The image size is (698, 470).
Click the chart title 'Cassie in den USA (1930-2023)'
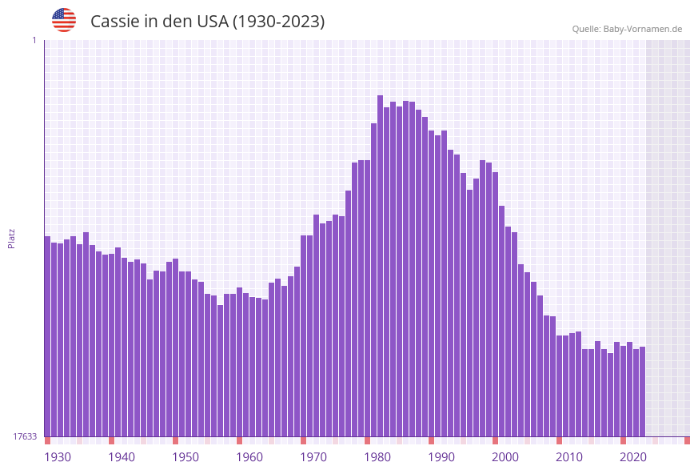click(207, 22)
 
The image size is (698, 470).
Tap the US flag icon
click(64, 20)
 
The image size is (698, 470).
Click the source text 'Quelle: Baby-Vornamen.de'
click(627, 29)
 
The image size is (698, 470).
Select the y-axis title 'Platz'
click(12, 238)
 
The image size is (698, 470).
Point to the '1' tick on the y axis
click(34, 40)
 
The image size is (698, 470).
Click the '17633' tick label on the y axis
click(25, 436)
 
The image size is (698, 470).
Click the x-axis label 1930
click(57, 457)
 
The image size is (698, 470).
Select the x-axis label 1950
click(185, 457)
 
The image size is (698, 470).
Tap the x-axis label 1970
click(313, 457)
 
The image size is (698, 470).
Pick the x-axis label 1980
click(377, 457)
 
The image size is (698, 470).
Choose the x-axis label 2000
click(505, 457)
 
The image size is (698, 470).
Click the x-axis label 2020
click(633, 457)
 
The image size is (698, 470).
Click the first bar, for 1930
click(47, 336)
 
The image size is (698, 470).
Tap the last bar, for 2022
click(642, 392)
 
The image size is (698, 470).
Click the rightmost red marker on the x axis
click(687, 440)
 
